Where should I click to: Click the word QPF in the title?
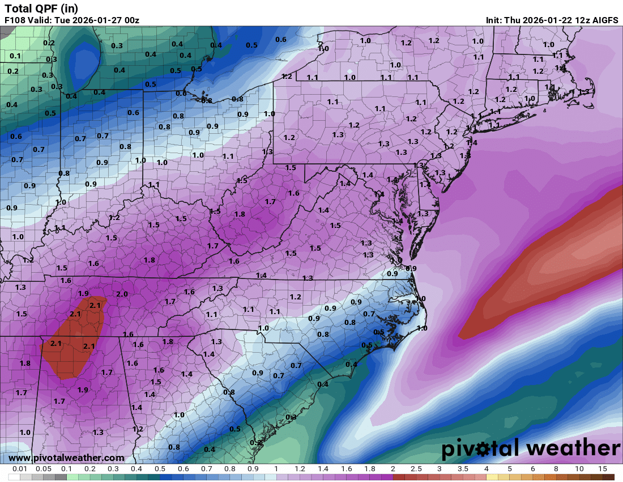tap(45, 9)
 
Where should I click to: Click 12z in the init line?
tap(578, 20)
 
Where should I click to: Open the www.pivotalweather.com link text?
tap(66, 458)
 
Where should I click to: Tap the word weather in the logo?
tap(572, 449)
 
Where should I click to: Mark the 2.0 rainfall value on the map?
tap(122, 294)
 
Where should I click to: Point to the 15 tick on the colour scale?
tap(603, 469)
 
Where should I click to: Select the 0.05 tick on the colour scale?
tap(44, 469)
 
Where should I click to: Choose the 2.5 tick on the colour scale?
tap(416, 469)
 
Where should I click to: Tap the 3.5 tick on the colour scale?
tap(463, 469)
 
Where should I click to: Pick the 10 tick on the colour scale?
tap(579, 469)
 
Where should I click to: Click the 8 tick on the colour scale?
tap(556, 469)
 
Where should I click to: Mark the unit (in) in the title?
tap(69, 9)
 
